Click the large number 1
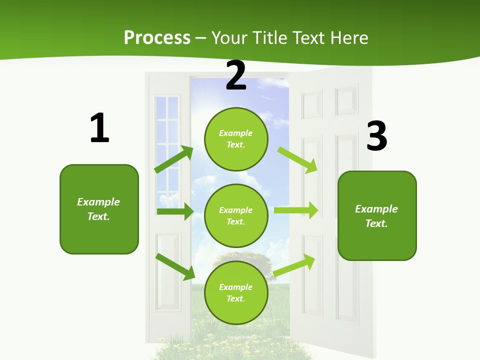[x=99, y=128]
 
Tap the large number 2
[x=236, y=75]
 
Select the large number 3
[x=376, y=136]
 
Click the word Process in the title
[x=157, y=38]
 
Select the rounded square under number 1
[x=99, y=209]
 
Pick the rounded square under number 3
[x=377, y=215]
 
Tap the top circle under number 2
[x=236, y=139]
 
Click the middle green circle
[x=236, y=215]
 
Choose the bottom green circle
[x=236, y=292]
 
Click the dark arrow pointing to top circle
[x=174, y=159]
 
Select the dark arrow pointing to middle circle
[x=175, y=211]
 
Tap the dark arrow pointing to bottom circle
[x=175, y=266]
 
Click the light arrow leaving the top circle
[x=297, y=159]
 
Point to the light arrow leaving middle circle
[x=296, y=210]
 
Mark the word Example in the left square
[x=98, y=202]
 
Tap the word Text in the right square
[x=376, y=223]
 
